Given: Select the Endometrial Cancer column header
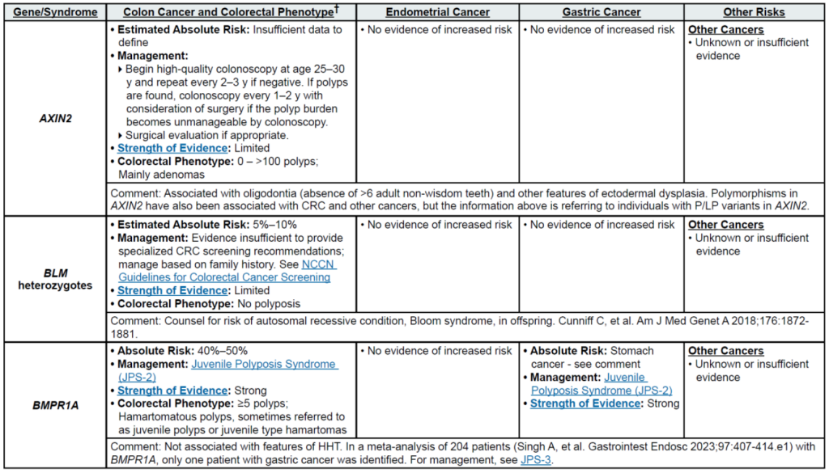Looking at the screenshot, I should point(436,12).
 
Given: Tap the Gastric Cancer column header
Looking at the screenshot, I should point(602,12).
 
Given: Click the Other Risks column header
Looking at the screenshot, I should point(755,12).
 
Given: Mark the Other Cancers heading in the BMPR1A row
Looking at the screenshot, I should point(725,351).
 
